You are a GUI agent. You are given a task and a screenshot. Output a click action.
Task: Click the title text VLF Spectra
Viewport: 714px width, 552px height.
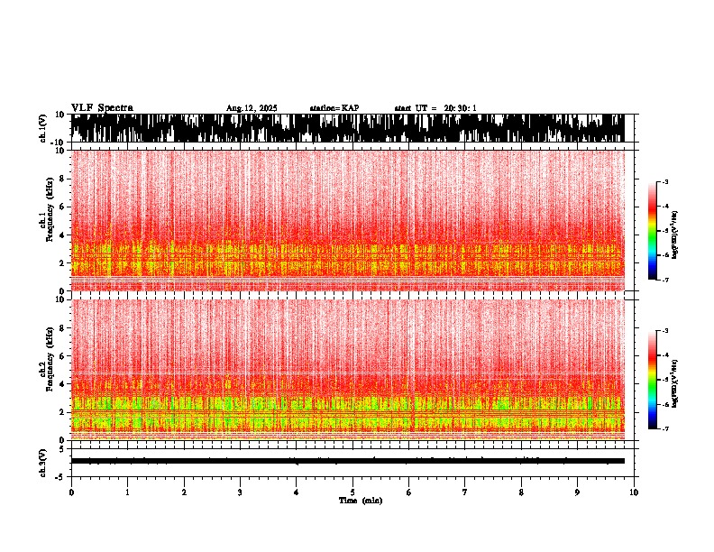pyautogui.click(x=102, y=108)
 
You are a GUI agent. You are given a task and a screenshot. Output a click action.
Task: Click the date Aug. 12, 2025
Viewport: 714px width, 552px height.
pyautogui.click(x=252, y=108)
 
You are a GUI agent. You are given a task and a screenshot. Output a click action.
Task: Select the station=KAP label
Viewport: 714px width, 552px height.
pyautogui.click(x=334, y=108)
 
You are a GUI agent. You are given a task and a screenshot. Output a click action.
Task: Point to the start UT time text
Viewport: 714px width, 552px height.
pyautogui.click(x=435, y=108)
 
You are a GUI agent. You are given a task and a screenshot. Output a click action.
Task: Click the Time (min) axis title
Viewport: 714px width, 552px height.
pyautogui.click(x=360, y=500)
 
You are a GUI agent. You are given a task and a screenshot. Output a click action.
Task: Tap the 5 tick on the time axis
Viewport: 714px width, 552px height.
pyautogui.click(x=352, y=492)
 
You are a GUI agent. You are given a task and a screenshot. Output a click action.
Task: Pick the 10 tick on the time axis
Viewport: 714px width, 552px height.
pyautogui.click(x=634, y=492)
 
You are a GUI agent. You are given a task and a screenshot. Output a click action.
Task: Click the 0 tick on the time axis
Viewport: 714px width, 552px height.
pyautogui.click(x=71, y=492)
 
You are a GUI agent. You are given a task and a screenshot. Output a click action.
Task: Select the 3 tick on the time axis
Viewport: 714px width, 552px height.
pyautogui.click(x=240, y=492)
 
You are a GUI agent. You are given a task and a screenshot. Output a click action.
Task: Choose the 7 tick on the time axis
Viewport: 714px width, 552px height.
pyautogui.click(x=465, y=492)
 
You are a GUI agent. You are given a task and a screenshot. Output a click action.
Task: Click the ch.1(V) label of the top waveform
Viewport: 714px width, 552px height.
pyautogui.click(x=43, y=128)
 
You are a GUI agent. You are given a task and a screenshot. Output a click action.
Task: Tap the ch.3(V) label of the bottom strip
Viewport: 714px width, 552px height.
pyautogui.click(x=43, y=461)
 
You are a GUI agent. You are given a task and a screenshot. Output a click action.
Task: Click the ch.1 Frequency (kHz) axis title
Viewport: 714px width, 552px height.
pyautogui.click(x=46, y=221)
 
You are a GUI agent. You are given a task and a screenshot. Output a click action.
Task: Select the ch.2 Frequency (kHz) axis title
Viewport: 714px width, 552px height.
pyautogui.click(x=46, y=370)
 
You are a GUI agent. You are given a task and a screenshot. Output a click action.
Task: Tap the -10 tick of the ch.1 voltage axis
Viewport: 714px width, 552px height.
pyautogui.click(x=58, y=143)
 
